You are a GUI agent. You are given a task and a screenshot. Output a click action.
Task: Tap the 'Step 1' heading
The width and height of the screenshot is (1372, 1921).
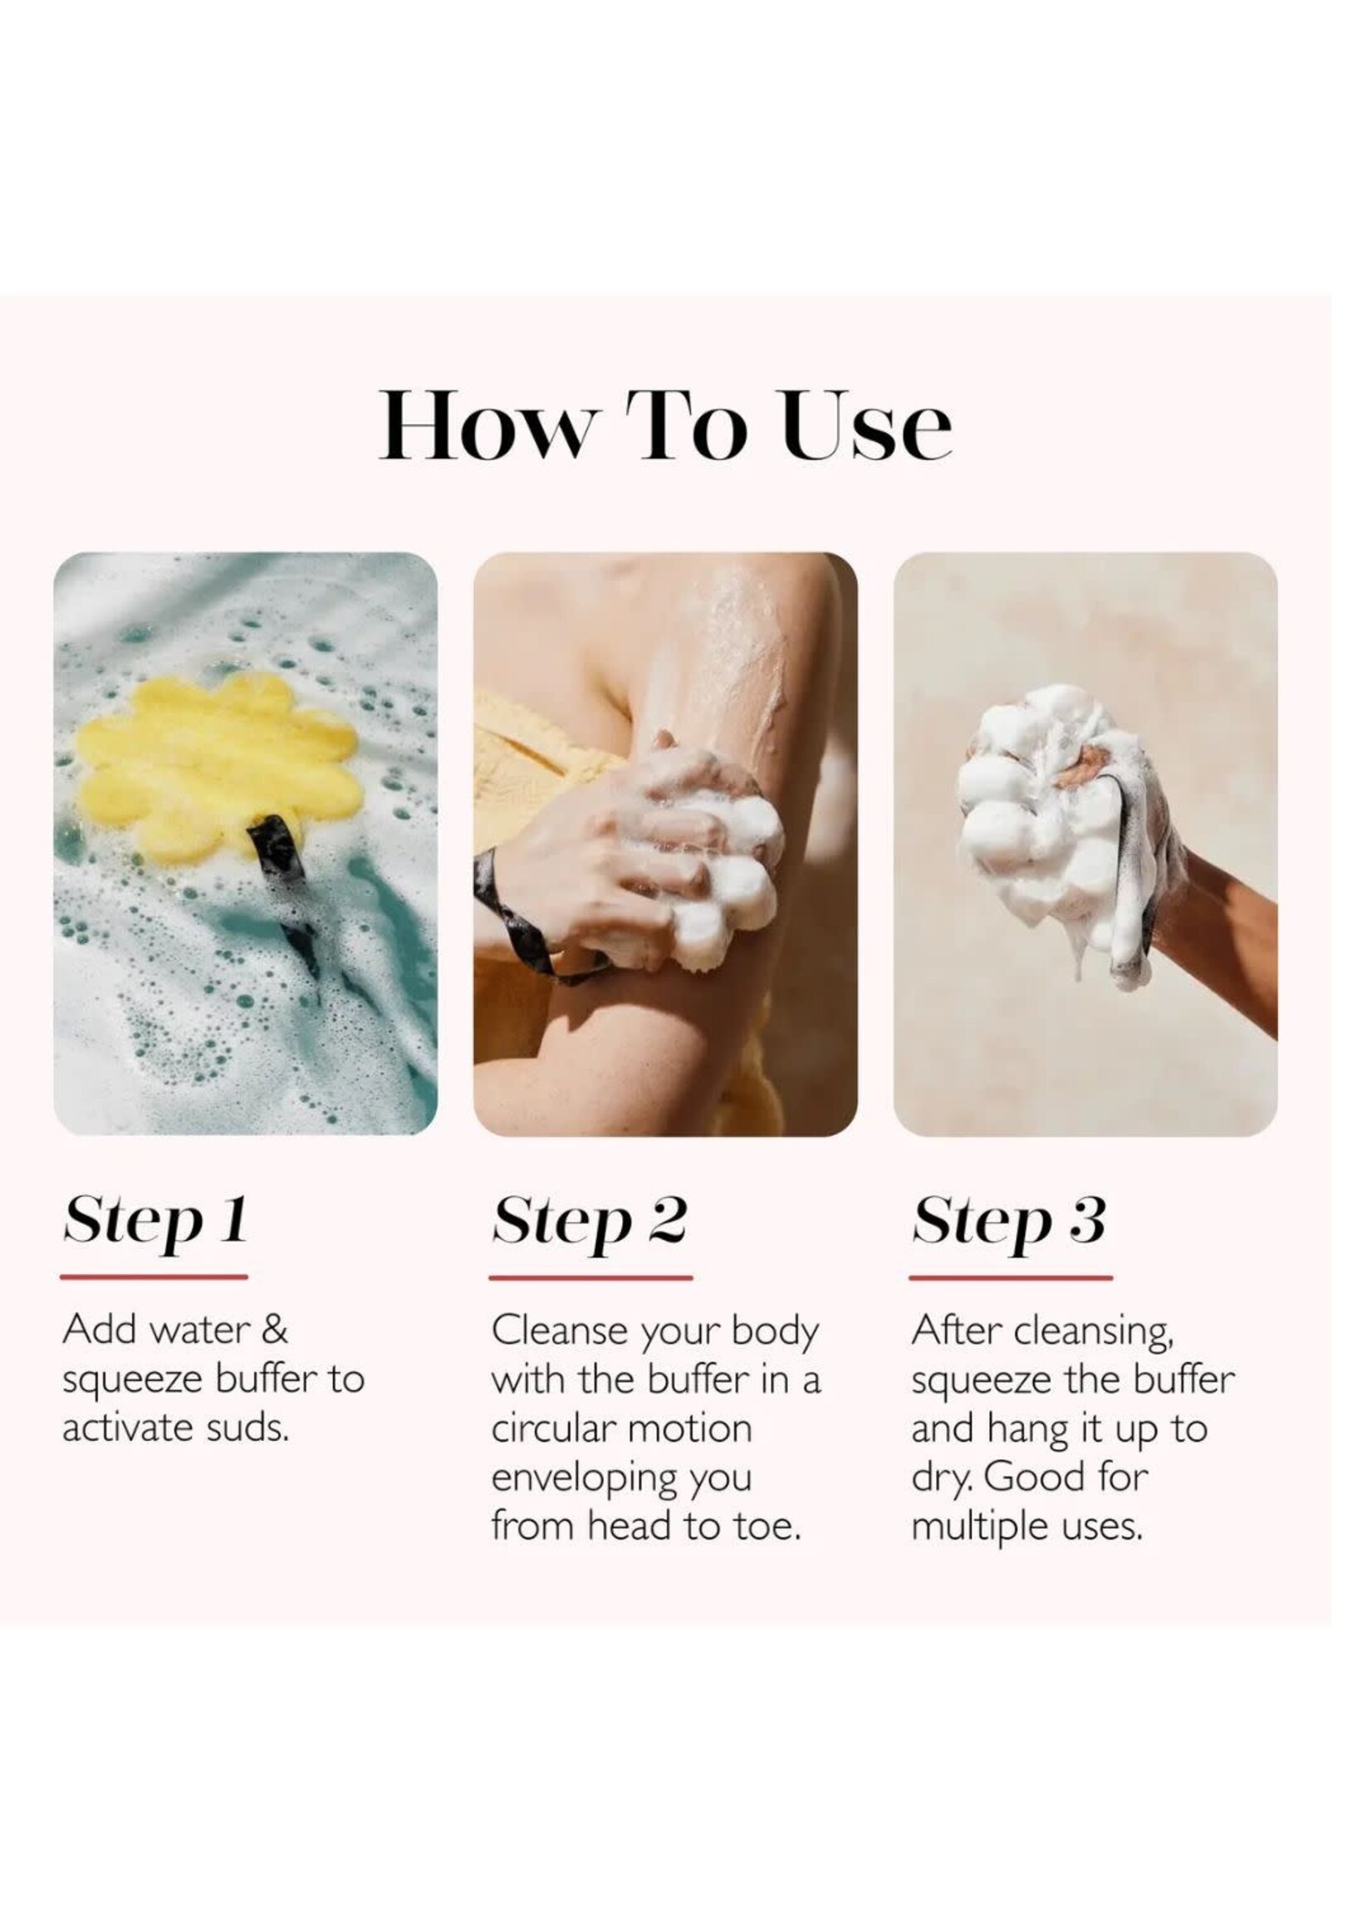tap(155, 1222)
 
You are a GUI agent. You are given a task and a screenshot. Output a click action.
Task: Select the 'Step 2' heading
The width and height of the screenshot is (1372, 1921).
tap(590, 1222)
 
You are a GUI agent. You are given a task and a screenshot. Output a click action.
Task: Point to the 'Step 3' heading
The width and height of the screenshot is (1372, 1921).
tap(1008, 1222)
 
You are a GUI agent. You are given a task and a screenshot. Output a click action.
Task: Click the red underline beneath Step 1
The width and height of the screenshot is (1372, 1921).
tap(154, 1277)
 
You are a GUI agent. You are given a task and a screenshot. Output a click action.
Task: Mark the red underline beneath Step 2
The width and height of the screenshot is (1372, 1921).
tap(590, 1277)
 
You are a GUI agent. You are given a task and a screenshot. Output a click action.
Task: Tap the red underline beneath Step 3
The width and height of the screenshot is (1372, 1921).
tap(1011, 1277)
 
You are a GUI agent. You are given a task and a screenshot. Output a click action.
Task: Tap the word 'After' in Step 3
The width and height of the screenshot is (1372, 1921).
tap(958, 1330)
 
